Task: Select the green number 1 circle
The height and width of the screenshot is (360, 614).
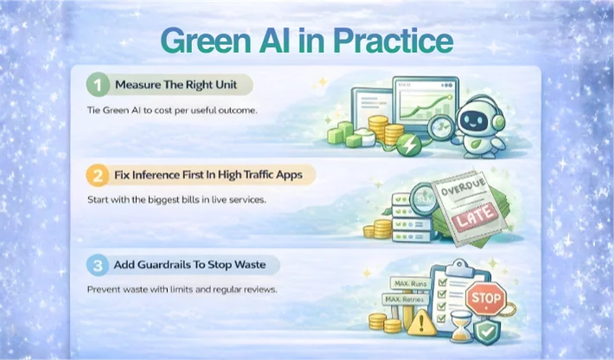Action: pos(99,86)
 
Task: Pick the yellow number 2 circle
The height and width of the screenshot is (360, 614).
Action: pos(99,175)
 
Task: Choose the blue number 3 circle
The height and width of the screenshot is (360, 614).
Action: pos(99,264)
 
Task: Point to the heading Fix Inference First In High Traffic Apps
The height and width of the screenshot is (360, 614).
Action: pos(210,175)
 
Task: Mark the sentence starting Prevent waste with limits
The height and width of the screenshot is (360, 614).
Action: pos(182,289)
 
